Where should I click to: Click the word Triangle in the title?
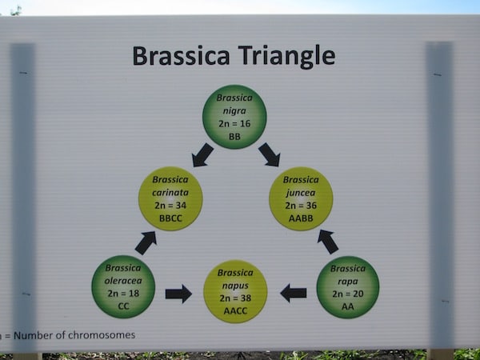point(286,56)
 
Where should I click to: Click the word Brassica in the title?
point(181,56)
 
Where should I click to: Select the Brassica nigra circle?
point(234,117)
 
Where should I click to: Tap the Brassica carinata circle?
point(170,198)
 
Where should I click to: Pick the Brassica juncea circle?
point(301,199)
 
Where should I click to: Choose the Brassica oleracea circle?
point(123,287)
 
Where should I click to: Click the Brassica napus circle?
point(235,291)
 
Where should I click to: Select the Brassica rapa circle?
point(348,287)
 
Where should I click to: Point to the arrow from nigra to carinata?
point(202,155)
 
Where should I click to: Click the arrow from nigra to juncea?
point(270,155)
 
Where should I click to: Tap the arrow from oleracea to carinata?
point(146,242)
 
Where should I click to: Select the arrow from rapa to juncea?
point(328,242)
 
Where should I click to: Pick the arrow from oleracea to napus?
point(178,294)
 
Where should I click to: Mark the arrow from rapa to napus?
point(294,293)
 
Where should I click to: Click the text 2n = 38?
point(235,298)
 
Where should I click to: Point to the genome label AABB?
point(301,218)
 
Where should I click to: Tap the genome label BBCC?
point(170,218)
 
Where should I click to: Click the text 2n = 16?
point(234,124)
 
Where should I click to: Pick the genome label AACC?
point(235,311)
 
